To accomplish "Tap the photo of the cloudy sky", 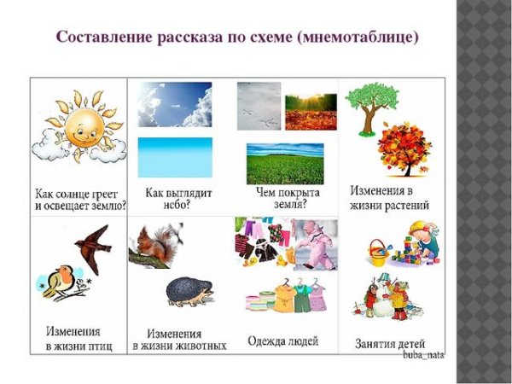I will point(174,103).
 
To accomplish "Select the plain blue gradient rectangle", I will point(174,156).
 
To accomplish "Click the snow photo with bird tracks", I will point(258,106).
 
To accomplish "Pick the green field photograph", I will point(285,163).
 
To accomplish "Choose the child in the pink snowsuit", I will point(314,242).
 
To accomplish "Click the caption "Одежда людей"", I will point(282,341).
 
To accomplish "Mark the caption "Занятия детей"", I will point(391,343).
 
